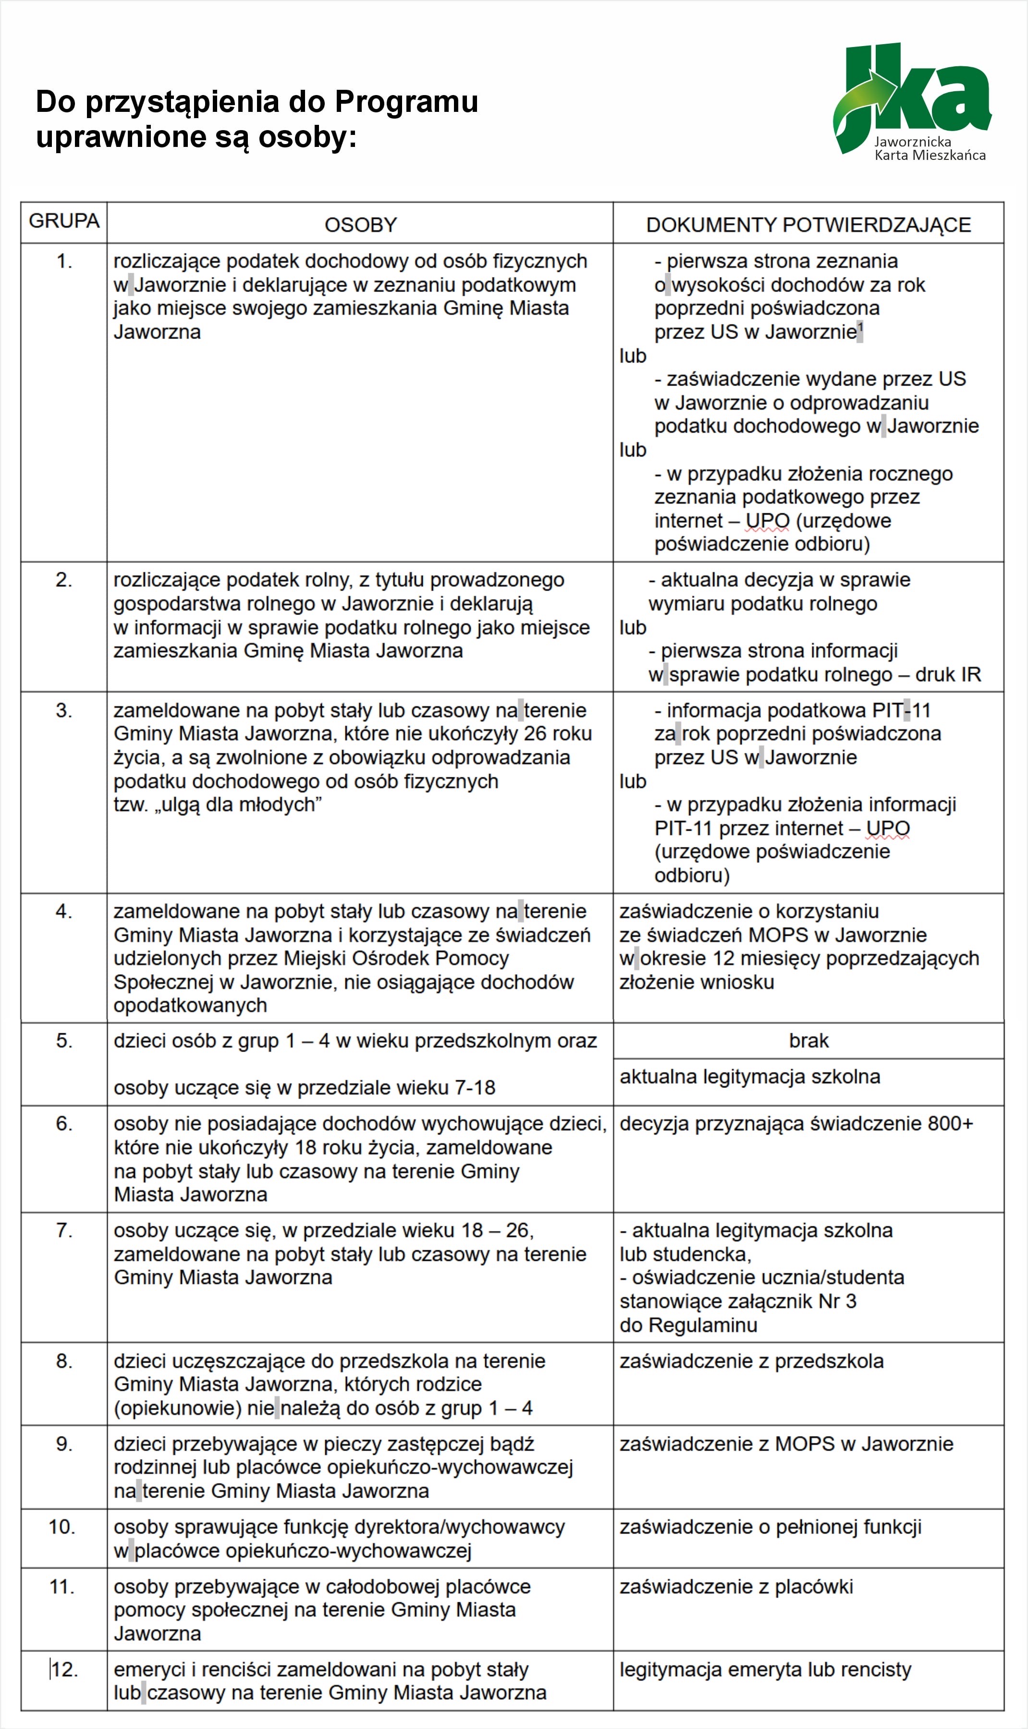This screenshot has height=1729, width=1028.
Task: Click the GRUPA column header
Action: coord(64,221)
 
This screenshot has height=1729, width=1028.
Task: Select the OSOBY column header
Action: coord(360,225)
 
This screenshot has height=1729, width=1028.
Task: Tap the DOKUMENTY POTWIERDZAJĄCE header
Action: coord(808,225)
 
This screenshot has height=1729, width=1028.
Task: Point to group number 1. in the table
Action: coord(64,261)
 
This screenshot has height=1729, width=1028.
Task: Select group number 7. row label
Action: coord(64,1231)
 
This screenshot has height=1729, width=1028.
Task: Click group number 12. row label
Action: coord(64,1669)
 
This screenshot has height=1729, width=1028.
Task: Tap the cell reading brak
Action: coord(808,1041)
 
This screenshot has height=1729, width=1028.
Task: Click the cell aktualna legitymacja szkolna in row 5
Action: coord(749,1077)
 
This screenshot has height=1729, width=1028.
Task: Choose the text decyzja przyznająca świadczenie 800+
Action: coord(796,1123)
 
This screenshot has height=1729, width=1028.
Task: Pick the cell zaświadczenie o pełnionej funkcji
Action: coord(771,1527)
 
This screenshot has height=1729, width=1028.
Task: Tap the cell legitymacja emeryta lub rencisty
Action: coord(765,1669)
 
